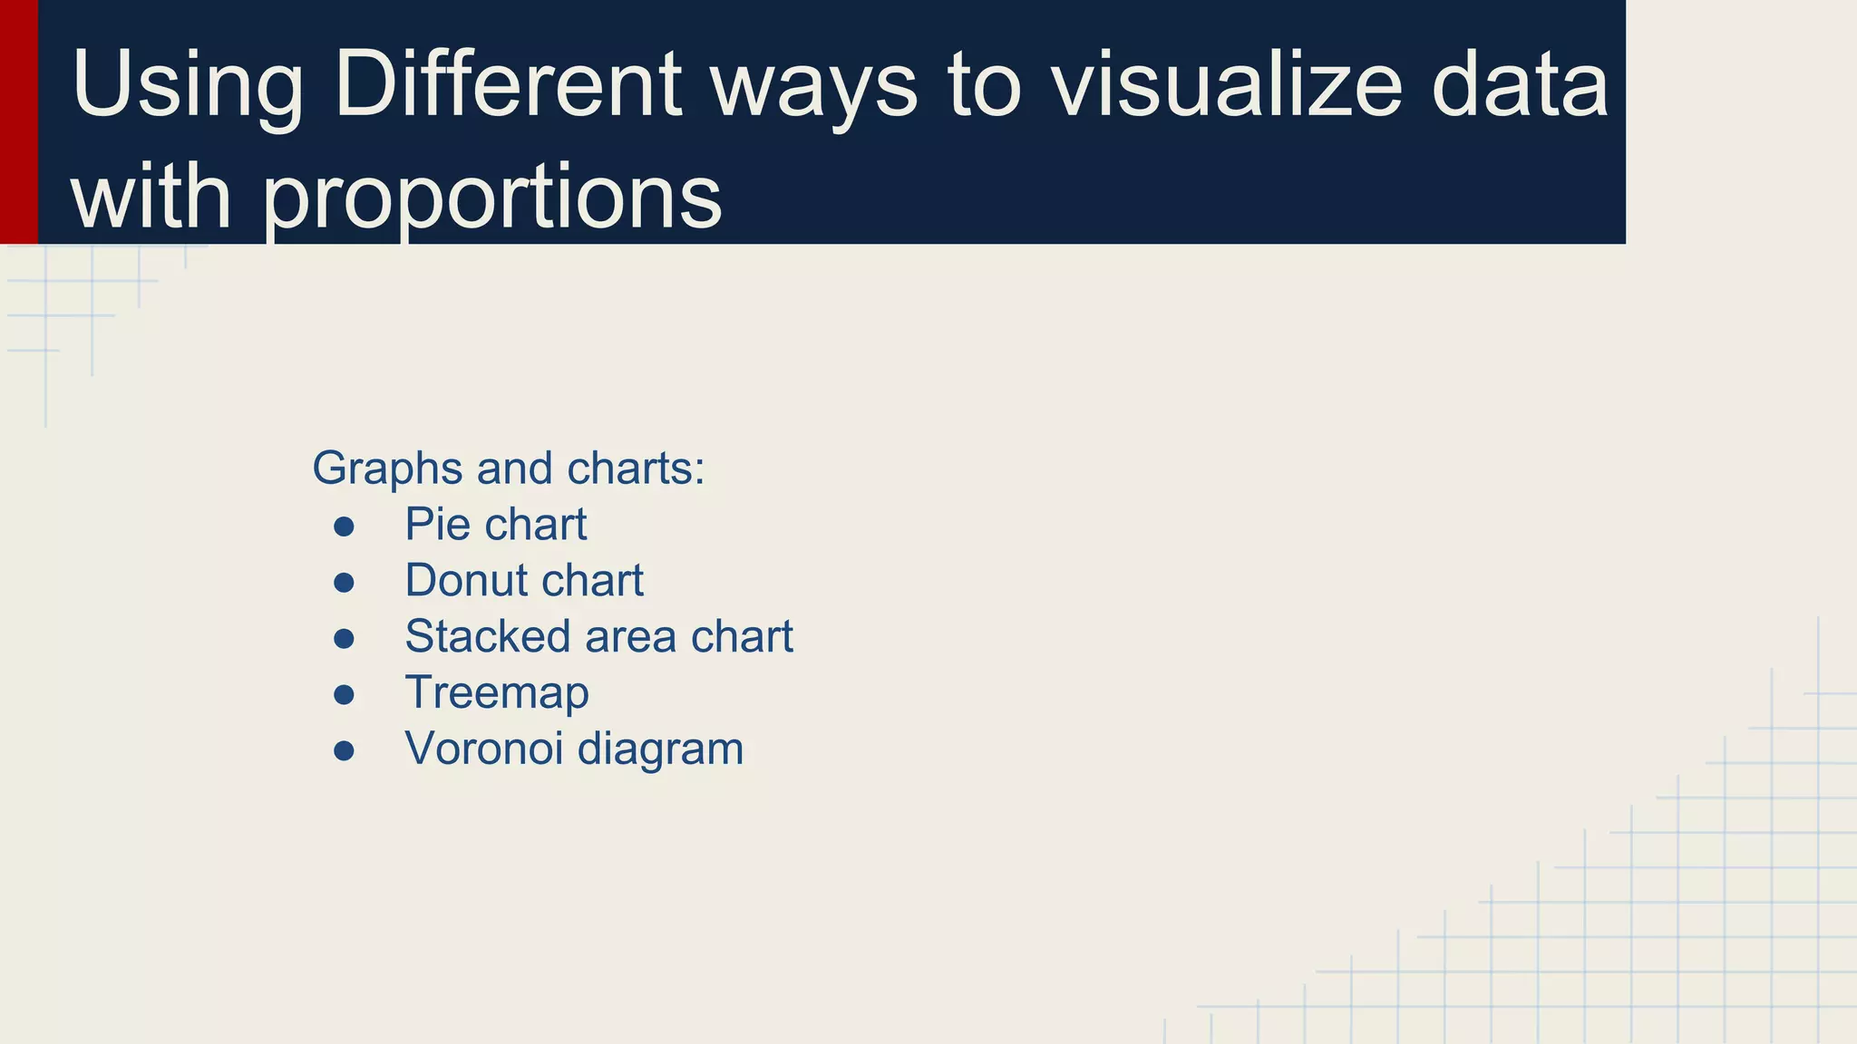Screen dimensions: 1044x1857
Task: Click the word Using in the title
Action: click(187, 86)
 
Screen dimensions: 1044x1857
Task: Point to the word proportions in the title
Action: click(493, 198)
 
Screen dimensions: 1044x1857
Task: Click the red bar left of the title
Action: click(18, 121)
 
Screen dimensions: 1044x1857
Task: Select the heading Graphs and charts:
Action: click(508, 469)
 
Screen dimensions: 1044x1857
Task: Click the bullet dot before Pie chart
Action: click(344, 527)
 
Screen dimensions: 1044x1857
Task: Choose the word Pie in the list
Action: click(437, 525)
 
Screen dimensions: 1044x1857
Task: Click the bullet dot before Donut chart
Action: click(344, 583)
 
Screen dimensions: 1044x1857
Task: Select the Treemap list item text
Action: click(497, 693)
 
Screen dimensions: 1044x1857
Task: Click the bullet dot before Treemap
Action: click(344, 695)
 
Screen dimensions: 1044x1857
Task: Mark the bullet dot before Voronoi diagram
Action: click(344, 751)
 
